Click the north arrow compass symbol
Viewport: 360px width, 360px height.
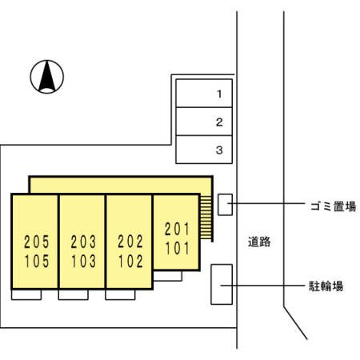[x=47, y=77]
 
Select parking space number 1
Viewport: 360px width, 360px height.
[x=204, y=94]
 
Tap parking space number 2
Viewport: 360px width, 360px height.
[x=204, y=122]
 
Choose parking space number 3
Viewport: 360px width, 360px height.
[x=204, y=150]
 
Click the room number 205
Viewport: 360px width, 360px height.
[x=37, y=242]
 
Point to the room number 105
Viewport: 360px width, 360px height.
[x=37, y=261]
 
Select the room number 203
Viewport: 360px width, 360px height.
[x=83, y=242]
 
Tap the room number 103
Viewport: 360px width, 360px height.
[x=83, y=261]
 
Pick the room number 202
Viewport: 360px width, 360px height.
[x=130, y=242]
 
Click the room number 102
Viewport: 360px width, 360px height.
[x=130, y=261]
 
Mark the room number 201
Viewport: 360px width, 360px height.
[x=177, y=229]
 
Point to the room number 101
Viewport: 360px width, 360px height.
[x=177, y=248]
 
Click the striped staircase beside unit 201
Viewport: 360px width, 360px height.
[x=206, y=218]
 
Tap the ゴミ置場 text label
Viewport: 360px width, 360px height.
[x=334, y=206]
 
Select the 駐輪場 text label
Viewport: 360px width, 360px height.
[x=326, y=286]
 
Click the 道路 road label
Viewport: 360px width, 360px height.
[x=259, y=242]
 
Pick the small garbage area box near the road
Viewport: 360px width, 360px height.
[x=225, y=205]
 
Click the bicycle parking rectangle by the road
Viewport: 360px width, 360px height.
[x=222, y=284]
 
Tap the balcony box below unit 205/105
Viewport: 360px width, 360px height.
[x=26, y=294]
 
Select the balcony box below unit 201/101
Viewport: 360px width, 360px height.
[x=168, y=276]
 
